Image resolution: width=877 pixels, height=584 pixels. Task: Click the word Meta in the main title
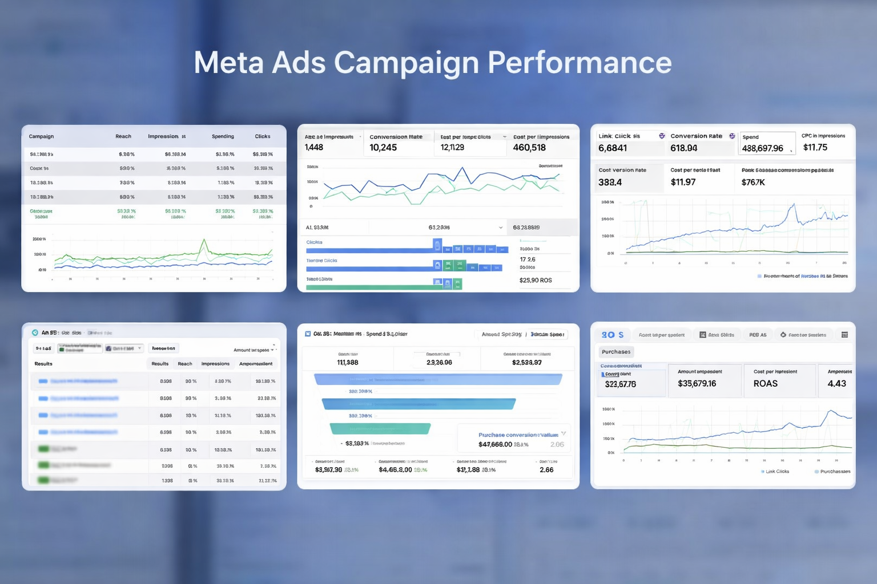[x=228, y=62]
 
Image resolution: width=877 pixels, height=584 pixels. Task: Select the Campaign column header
[x=41, y=136]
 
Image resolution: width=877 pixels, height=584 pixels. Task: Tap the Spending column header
[x=223, y=136]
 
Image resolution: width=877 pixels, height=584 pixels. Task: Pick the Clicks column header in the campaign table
[x=263, y=136]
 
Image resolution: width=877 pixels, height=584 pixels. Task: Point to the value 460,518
[x=529, y=148]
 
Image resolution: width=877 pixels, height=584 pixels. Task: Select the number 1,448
[x=314, y=148]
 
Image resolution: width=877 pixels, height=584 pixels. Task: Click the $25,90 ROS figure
[x=536, y=280]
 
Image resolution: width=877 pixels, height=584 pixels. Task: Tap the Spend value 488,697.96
[x=762, y=148]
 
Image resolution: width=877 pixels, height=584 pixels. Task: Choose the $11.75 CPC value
[x=815, y=147]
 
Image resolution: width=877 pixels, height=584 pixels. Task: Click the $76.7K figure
[x=753, y=182]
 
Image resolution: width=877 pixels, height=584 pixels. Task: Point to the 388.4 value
[x=610, y=182]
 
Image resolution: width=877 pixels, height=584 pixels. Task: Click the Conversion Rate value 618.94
[x=683, y=148]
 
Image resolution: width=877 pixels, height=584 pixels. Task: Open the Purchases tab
[x=616, y=352]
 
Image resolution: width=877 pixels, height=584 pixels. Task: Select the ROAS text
[x=765, y=384]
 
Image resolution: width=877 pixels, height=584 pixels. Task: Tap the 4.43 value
[x=836, y=384]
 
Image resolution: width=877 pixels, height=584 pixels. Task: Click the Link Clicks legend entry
[x=777, y=472]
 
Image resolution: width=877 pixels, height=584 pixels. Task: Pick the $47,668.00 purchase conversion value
[x=495, y=444]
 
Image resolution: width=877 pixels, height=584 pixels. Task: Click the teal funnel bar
[x=380, y=428]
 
